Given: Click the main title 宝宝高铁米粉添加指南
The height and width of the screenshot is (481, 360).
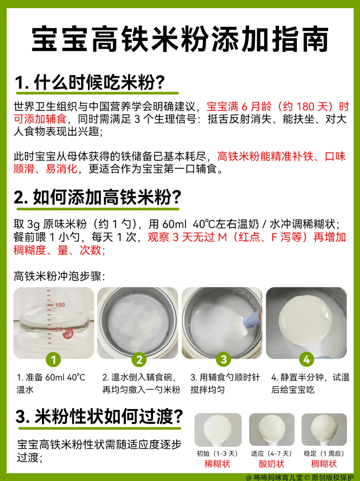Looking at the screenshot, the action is coord(180,39).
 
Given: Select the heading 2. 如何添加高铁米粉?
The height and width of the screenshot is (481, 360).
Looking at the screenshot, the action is coord(97,197).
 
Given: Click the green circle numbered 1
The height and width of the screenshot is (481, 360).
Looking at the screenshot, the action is coord(53,359).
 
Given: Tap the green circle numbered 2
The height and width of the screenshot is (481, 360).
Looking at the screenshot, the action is coord(139,359).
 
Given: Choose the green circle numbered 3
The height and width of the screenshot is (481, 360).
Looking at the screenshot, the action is coord(223,359).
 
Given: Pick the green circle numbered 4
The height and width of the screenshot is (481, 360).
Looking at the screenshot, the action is coord(306,359).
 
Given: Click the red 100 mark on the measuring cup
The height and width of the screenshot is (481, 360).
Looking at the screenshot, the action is coord(60,305).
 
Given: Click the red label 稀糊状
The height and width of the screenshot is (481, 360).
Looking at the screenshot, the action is coord(217,464).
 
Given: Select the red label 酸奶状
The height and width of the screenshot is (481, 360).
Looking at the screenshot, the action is coord(271,464).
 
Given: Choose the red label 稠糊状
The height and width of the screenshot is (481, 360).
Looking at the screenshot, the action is coord(324,464).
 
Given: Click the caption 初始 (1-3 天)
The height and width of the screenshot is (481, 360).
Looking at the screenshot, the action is coord(217,453).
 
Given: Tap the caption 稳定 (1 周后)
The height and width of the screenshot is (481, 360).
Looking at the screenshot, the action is coord(324,453).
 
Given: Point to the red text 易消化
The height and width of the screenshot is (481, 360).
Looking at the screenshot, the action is coord(61,169).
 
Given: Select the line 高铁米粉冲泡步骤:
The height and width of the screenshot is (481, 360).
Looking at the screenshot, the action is coord(59,276).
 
